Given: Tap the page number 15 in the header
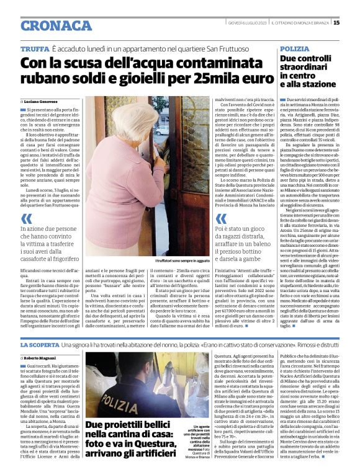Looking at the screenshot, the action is tap(353, 23).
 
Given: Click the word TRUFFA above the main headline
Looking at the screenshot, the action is tap(34, 48).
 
